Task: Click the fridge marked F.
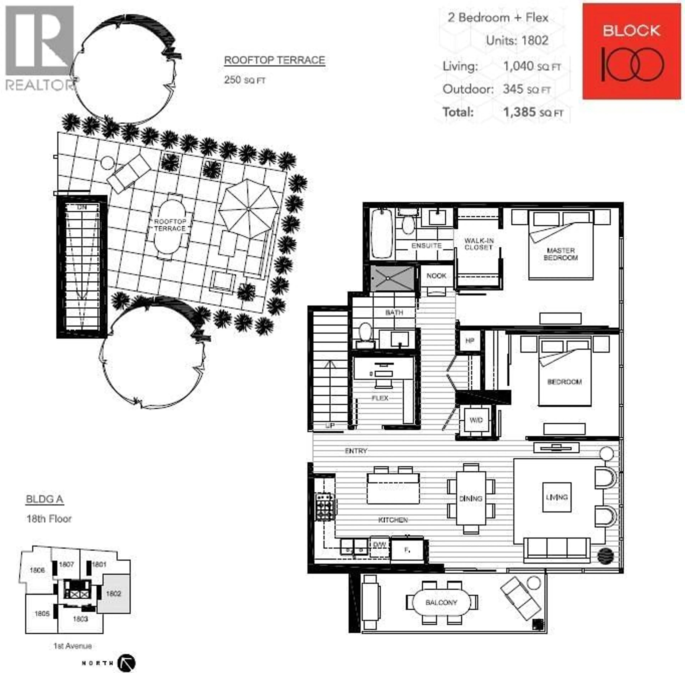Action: coord(407,550)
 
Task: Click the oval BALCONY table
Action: coord(441,602)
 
